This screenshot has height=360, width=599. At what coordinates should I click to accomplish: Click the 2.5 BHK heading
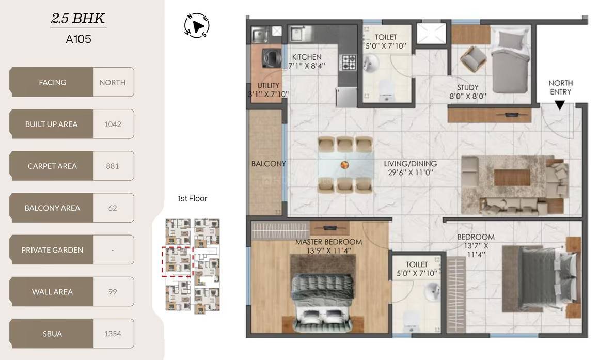pos(78,19)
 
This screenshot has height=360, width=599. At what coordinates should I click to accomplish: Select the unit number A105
pos(78,39)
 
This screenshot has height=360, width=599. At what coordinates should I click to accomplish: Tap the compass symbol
pos(197,26)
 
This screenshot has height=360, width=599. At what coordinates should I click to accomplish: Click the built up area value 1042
pos(113,124)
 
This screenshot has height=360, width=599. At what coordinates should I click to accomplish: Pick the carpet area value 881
pos(113,166)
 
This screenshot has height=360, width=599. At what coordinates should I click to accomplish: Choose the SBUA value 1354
pos(113,334)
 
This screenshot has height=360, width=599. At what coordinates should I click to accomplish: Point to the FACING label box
pos(52,82)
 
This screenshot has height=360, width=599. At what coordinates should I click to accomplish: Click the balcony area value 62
pos(113,208)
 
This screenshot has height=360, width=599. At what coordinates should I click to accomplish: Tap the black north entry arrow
pos(560,105)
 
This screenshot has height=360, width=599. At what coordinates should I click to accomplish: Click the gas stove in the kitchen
pos(348,62)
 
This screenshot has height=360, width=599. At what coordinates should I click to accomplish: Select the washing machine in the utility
pos(272,58)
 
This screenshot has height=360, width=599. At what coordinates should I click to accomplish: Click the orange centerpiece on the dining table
pos(344,165)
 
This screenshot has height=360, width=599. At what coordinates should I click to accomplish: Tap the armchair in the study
pos(474,59)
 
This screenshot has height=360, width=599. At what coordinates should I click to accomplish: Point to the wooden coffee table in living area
pos(512,177)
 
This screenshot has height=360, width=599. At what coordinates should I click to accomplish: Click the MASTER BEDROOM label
pos(328,242)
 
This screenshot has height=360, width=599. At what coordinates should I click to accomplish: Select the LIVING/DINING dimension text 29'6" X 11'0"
pos(411,173)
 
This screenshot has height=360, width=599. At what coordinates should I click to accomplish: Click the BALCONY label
pos(269,164)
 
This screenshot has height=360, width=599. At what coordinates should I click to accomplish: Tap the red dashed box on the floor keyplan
pos(178,261)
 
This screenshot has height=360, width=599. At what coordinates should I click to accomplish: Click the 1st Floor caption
pos(193,199)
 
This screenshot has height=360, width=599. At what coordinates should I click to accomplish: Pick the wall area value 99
pos(113,292)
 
